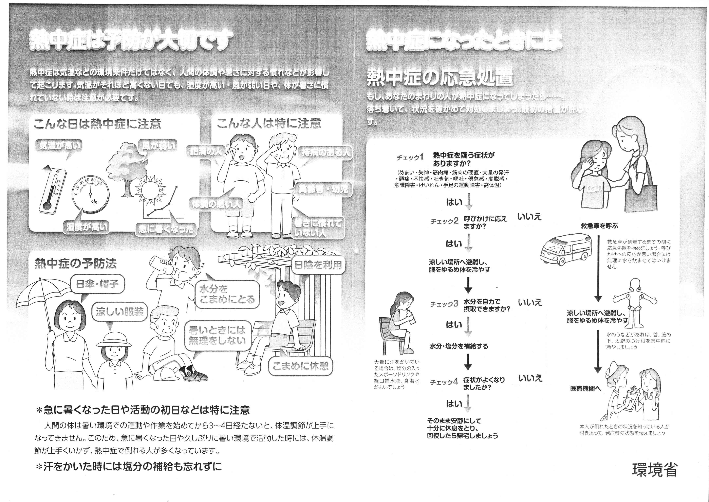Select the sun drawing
tap(151, 192)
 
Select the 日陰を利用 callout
tap(318, 265)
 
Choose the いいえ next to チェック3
tap(530, 302)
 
